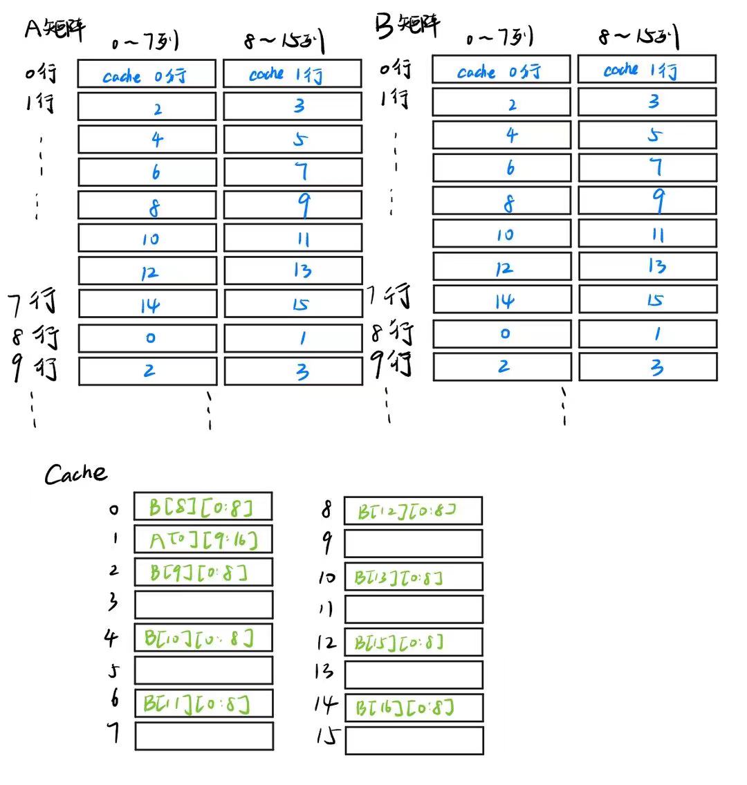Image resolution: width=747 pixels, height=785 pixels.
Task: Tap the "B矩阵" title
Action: tap(407, 26)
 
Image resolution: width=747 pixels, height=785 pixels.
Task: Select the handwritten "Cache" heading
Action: tap(76, 474)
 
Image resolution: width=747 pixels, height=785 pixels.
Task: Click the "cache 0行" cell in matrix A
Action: tap(147, 74)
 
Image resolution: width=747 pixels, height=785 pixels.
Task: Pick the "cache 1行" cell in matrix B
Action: tap(647, 69)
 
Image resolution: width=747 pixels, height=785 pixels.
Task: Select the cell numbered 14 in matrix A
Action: tap(147, 304)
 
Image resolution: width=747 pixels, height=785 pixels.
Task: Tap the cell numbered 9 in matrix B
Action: tap(647, 201)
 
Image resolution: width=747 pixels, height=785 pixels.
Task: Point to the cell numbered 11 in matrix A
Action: tap(293, 239)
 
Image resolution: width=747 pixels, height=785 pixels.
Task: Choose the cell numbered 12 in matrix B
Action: tap(502, 267)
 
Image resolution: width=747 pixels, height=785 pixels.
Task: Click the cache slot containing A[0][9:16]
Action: tap(203, 539)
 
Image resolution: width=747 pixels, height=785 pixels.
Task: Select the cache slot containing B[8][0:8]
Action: tap(203, 506)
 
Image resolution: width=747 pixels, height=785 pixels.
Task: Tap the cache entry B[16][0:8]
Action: tap(414, 708)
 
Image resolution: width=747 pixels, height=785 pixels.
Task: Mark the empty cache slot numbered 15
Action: tap(414, 740)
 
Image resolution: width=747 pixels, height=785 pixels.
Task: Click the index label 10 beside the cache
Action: tap(326, 577)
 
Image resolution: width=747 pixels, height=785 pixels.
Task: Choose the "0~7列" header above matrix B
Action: tap(499, 38)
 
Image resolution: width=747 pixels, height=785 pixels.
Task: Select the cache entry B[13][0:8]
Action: tap(414, 577)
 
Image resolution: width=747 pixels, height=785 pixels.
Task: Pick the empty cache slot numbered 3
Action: tap(203, 604)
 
